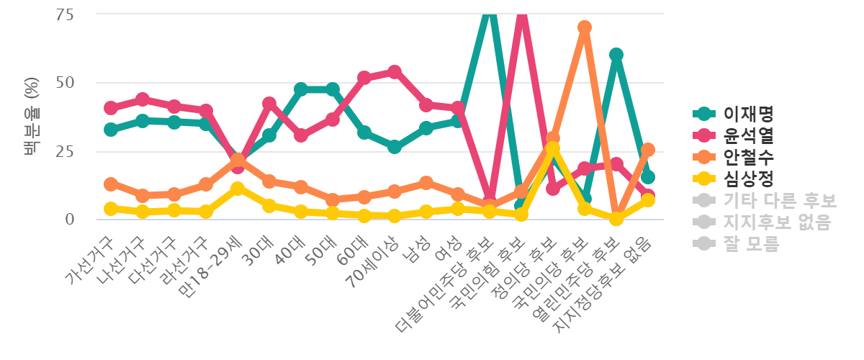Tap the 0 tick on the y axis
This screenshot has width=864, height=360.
click(x=70, y=219)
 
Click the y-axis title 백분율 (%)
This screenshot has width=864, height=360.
click(x=31, y=117)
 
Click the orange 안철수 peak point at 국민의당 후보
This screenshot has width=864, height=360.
click(x=585, y=27)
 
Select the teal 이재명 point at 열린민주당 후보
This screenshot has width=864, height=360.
click(x=616, y=55)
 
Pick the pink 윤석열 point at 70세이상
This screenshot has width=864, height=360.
click(x=395, y=71)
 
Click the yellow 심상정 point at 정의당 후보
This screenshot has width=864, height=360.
click(x=553, y=148)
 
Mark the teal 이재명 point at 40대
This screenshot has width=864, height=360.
click(x=300, y=89)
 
